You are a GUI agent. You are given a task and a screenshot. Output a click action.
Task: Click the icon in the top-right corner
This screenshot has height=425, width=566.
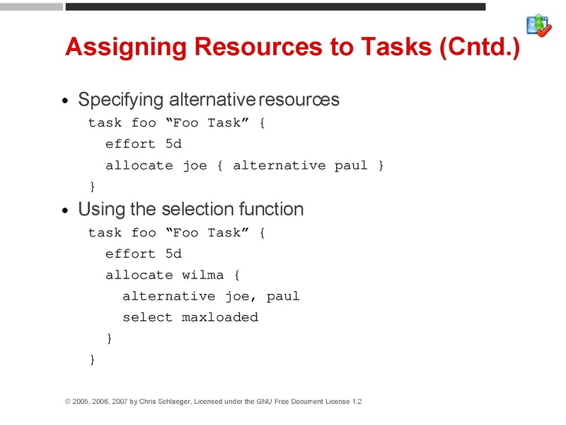click(x=539, y=25)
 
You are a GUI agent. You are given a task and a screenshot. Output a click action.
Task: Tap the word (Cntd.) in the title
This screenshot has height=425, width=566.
click(x=479, y=47)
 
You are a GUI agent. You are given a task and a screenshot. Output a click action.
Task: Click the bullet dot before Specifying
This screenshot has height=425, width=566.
click(x=65, y=101)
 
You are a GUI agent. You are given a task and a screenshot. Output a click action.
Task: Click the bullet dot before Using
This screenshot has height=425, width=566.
click(x=65, y=211)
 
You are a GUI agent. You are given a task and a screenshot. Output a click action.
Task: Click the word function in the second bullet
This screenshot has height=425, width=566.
click(x=271, y=209)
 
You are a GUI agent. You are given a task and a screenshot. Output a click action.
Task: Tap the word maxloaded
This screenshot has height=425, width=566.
click(x=220, y=317)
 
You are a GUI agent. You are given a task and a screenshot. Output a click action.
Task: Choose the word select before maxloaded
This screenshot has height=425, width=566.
click(x=147, y=317)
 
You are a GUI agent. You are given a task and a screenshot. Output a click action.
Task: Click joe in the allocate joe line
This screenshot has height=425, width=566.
click(x=195, y=165)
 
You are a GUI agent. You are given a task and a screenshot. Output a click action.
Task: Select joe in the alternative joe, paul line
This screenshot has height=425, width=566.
click(x=237, y=296)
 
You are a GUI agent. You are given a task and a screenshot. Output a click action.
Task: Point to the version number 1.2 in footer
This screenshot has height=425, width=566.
click(x=356, y=402)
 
